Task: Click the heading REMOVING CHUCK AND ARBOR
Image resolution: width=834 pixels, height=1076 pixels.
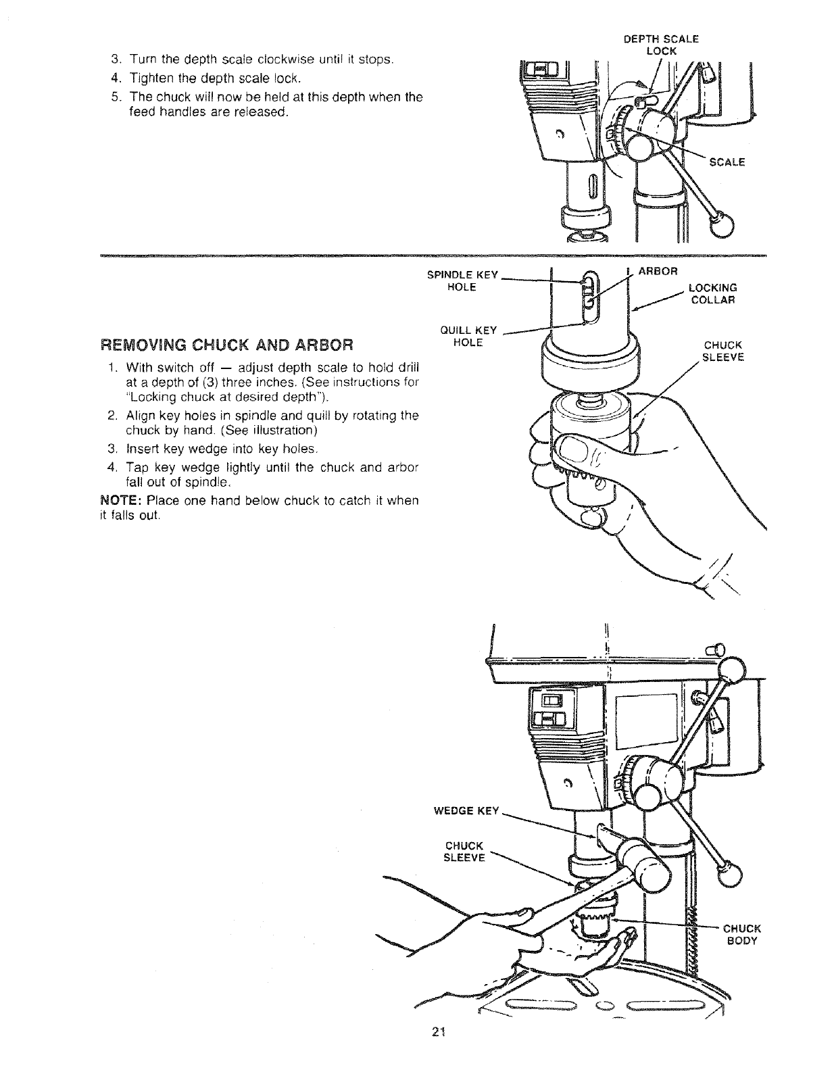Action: tap(227, 345)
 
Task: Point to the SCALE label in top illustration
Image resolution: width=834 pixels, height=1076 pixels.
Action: tap(727, 162)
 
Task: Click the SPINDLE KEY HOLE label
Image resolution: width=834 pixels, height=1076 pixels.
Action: tap(463, 280)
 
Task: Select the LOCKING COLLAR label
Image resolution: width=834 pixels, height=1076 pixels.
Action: tap(713, 294)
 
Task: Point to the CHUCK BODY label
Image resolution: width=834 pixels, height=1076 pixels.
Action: tap(742, 933)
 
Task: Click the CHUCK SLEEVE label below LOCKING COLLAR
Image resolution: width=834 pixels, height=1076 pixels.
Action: tap(722, 351)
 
